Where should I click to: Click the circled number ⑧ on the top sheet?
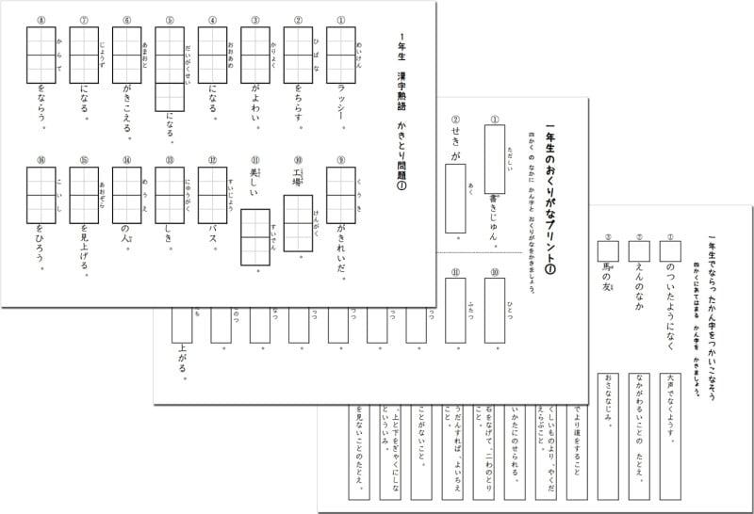pyautogui.click(x=41, y=20)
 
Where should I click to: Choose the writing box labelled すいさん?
pyautogui.click(x=254, y=236)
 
